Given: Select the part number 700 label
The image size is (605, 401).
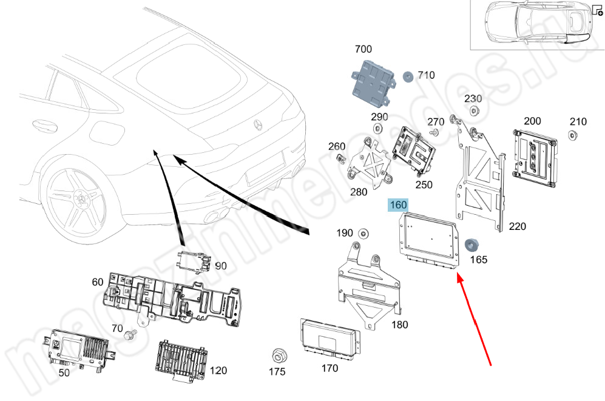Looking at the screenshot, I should point(363,48).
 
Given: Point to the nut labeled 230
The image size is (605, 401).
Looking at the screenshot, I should point(474,110).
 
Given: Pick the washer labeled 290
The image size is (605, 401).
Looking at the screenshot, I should point(377,128).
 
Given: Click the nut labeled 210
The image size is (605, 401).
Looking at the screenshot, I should point(572,134).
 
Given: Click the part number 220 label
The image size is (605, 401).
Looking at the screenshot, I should point(517,227).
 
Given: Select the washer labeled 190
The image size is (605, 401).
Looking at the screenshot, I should point(364,233).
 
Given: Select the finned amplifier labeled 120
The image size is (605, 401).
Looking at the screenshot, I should point(180,362).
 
